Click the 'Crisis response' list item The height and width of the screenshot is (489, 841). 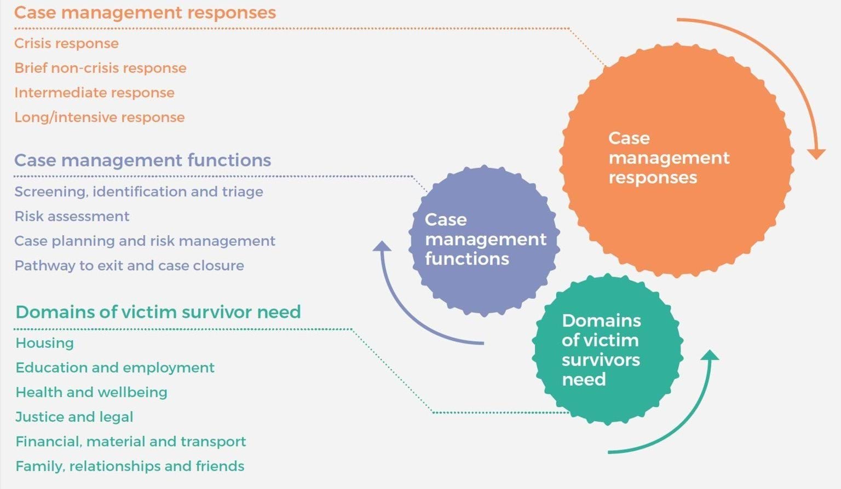click(66, 43)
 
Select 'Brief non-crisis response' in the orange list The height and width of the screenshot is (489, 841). click(100, 68)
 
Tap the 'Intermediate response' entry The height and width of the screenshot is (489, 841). click(94, 92)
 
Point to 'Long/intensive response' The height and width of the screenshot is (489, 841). click(99, 117)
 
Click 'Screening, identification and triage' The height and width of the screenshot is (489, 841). click(139, 191)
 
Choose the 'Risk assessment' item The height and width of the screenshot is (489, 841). click(72, 216)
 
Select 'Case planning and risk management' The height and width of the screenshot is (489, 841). click(145, 241)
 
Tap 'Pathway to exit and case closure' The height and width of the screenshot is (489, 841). click(129, 265)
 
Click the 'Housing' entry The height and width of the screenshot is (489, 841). click(44, 343)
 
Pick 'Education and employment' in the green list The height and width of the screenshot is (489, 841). click(115, 368)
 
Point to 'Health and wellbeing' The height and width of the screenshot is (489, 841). click(91, 392)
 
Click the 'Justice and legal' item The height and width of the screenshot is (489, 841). click(74, 417)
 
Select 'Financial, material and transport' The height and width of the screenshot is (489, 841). click(131, 441)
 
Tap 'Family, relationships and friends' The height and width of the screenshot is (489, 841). click(130, 466)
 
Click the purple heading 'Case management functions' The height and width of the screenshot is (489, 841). click(142, 160)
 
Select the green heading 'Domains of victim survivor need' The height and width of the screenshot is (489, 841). click(158, 312)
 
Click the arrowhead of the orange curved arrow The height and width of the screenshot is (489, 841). click(816, 154)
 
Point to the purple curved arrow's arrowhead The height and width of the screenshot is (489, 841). click(382, 246)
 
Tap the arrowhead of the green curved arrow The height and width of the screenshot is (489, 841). click(710, 356)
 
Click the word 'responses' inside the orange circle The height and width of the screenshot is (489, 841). click(653, 178)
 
